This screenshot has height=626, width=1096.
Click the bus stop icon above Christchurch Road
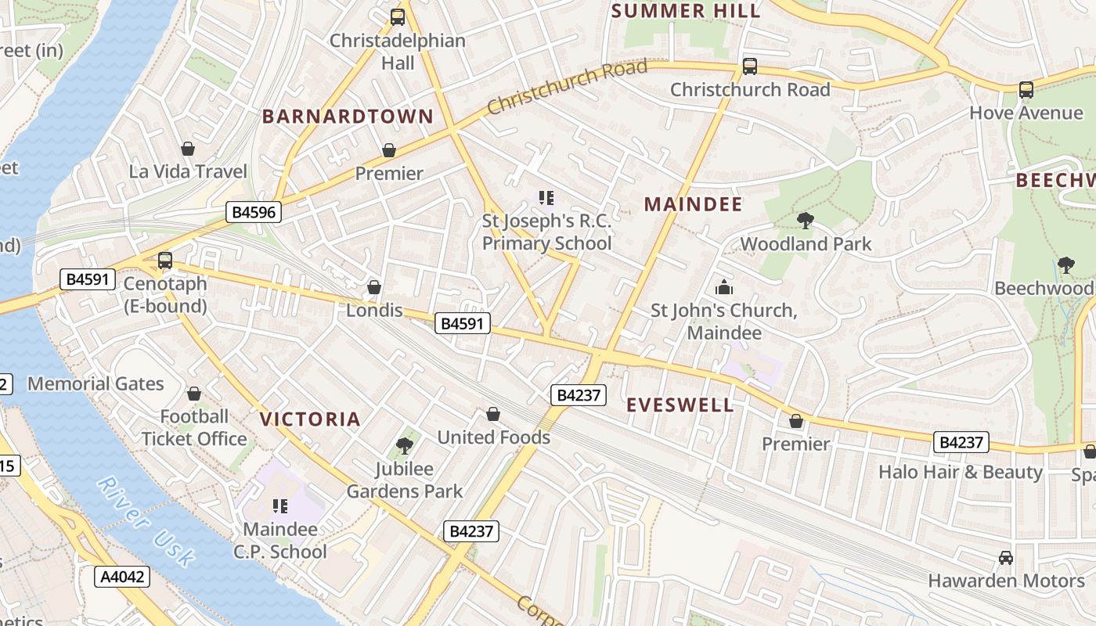(x=749, y=67)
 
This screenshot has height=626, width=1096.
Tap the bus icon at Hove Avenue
(x=1026, y=90)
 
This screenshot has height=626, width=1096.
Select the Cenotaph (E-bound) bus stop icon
(x=164, y=261)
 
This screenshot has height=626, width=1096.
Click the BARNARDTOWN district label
(x=348, y=117)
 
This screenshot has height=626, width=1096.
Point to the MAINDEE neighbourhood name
(x=693, y=204)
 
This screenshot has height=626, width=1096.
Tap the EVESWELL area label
(x=680, y=405)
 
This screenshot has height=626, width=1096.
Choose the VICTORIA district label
(x=310, y=419)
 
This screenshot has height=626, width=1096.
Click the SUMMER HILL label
(x=686, y=10)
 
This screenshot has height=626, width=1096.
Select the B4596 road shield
(x=254, y=211)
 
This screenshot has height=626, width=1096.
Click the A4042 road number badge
(x=122, y=577)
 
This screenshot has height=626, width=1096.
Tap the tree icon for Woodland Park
(x=805, y=221)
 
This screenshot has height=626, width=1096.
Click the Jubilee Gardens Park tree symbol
(x=405, y=446)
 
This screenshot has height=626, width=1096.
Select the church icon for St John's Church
(x=724, y=287)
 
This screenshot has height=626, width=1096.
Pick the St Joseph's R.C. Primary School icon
(x=546, y=198)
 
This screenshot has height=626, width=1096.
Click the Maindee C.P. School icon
(x=279, y=506)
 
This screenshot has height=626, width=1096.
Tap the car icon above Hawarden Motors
(x=1006, y=558)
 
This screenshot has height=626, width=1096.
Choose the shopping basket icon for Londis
(x=374, y=287)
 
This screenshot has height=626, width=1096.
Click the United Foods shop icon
(x=493, y=414)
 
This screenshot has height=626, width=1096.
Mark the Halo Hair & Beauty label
(x=961, y=472)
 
